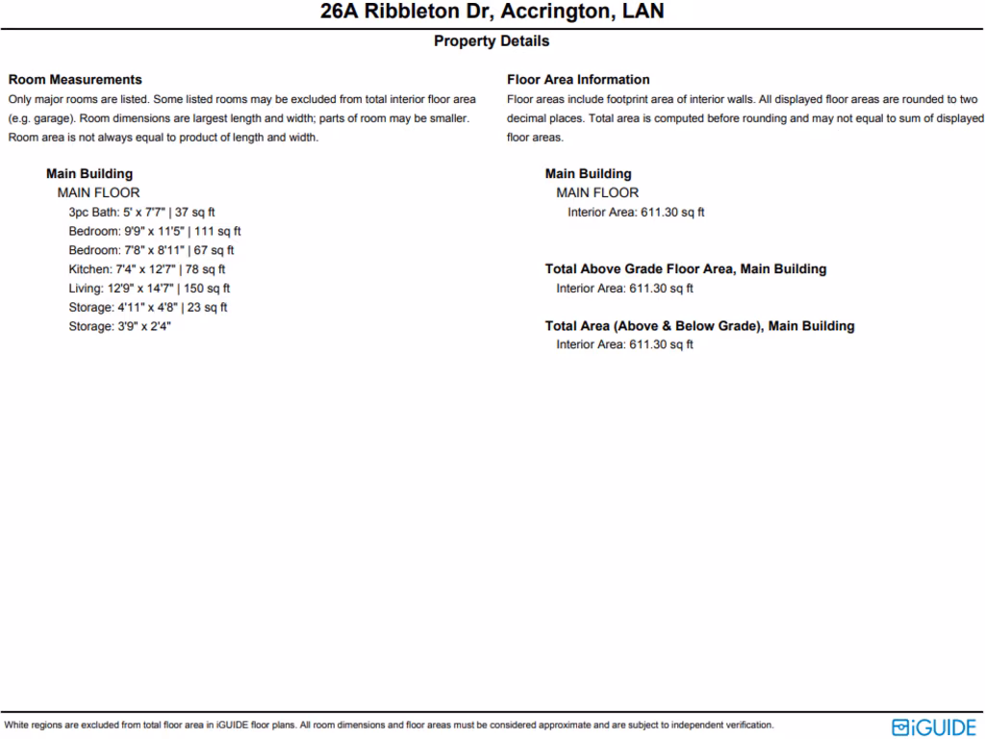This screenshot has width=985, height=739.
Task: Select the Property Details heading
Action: click(x=492, y=41)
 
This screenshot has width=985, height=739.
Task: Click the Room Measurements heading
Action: click(x=75, y=80)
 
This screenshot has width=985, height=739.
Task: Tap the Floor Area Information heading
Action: click(x=578, y=80)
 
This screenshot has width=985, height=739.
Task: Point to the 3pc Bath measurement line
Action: click(x=141, y=212)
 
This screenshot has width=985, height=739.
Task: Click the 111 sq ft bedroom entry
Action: click(x=154, y=231)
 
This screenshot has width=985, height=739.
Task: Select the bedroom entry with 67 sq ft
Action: click(x=151, y=250)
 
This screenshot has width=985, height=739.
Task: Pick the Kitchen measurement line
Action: click(x=146, y=269)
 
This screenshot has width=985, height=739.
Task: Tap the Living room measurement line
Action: click(x=149, y=289)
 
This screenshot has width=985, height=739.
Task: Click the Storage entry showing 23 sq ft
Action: click(x=147, y=308)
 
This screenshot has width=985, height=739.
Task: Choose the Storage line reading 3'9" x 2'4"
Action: click(x=119, y=327)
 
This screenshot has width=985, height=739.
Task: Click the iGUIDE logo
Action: click(x=934, y=726)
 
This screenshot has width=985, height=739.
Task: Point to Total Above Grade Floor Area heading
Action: click(x=685, y=269)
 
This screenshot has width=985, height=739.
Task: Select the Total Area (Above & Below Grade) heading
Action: click(x=699, y=326)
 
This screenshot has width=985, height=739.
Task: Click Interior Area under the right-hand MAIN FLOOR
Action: click(x=636, y=213)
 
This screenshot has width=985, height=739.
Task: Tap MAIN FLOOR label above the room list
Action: click(x=98, y=193)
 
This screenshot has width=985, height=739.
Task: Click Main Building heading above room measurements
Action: click(x=89, y=174)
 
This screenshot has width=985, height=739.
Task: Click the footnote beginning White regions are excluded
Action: click(x=389, y=726)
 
